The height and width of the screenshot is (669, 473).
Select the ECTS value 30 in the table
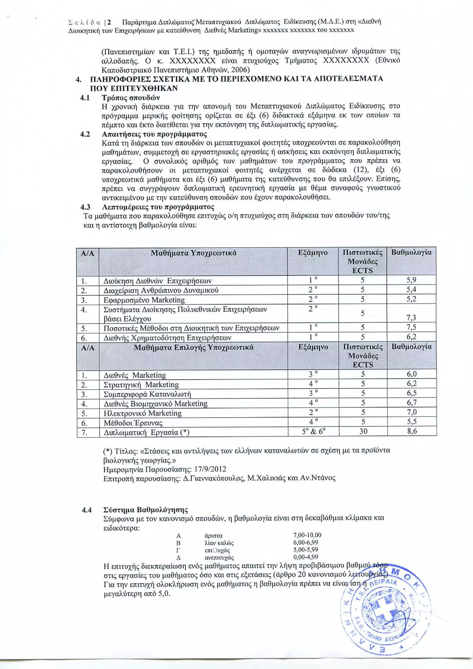pyautogui.click(x=363, y=431)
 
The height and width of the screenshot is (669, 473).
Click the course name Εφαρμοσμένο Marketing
pyautogui.click(x=144, y=300)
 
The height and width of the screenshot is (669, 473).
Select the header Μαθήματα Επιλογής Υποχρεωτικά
pyautogui.click(x=194, y=347)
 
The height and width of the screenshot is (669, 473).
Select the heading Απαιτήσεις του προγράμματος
pyautogui.click(x=154, y=134)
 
